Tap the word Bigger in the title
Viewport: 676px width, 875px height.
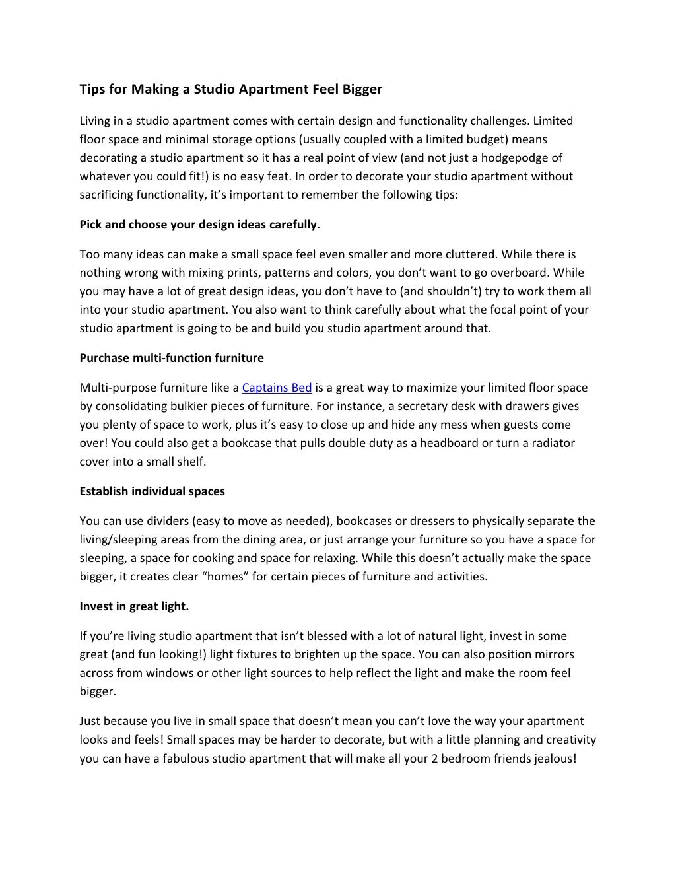pyautogui.click(x=362, y=89)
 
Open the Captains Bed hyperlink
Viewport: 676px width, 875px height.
pyautogui.click(x=277, y=388)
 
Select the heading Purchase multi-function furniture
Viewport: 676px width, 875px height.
pyautogui.click(x=172, y=358)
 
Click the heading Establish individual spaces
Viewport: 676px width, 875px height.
pyautogui.click(x=152, y=491)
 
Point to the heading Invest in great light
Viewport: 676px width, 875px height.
pyautogui.click(x=134, y=606)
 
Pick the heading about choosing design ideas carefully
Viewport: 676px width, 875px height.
pyautogui.click(x=199, y=225)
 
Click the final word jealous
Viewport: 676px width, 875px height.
pyautogui.click(x=554, y=758)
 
